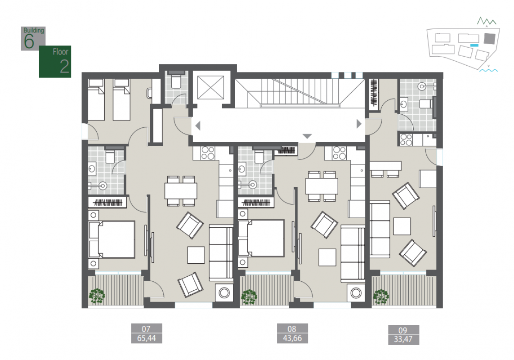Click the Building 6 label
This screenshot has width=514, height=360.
33,38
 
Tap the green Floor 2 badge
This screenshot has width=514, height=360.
55,62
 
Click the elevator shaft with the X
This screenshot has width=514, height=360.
211,87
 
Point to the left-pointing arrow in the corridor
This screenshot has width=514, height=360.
198,126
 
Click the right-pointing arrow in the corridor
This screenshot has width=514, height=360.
359,124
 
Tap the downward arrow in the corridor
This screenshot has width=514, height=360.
307,136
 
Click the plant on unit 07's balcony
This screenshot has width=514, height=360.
97,296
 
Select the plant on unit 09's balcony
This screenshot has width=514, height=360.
381,297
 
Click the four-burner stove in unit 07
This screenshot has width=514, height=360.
208,153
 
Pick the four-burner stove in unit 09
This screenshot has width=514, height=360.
406,140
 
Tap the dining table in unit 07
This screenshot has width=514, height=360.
181,191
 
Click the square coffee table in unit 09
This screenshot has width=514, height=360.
402,226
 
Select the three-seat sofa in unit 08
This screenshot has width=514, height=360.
353,253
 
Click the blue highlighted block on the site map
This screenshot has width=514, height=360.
474,45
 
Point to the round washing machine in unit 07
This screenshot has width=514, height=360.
224,293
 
